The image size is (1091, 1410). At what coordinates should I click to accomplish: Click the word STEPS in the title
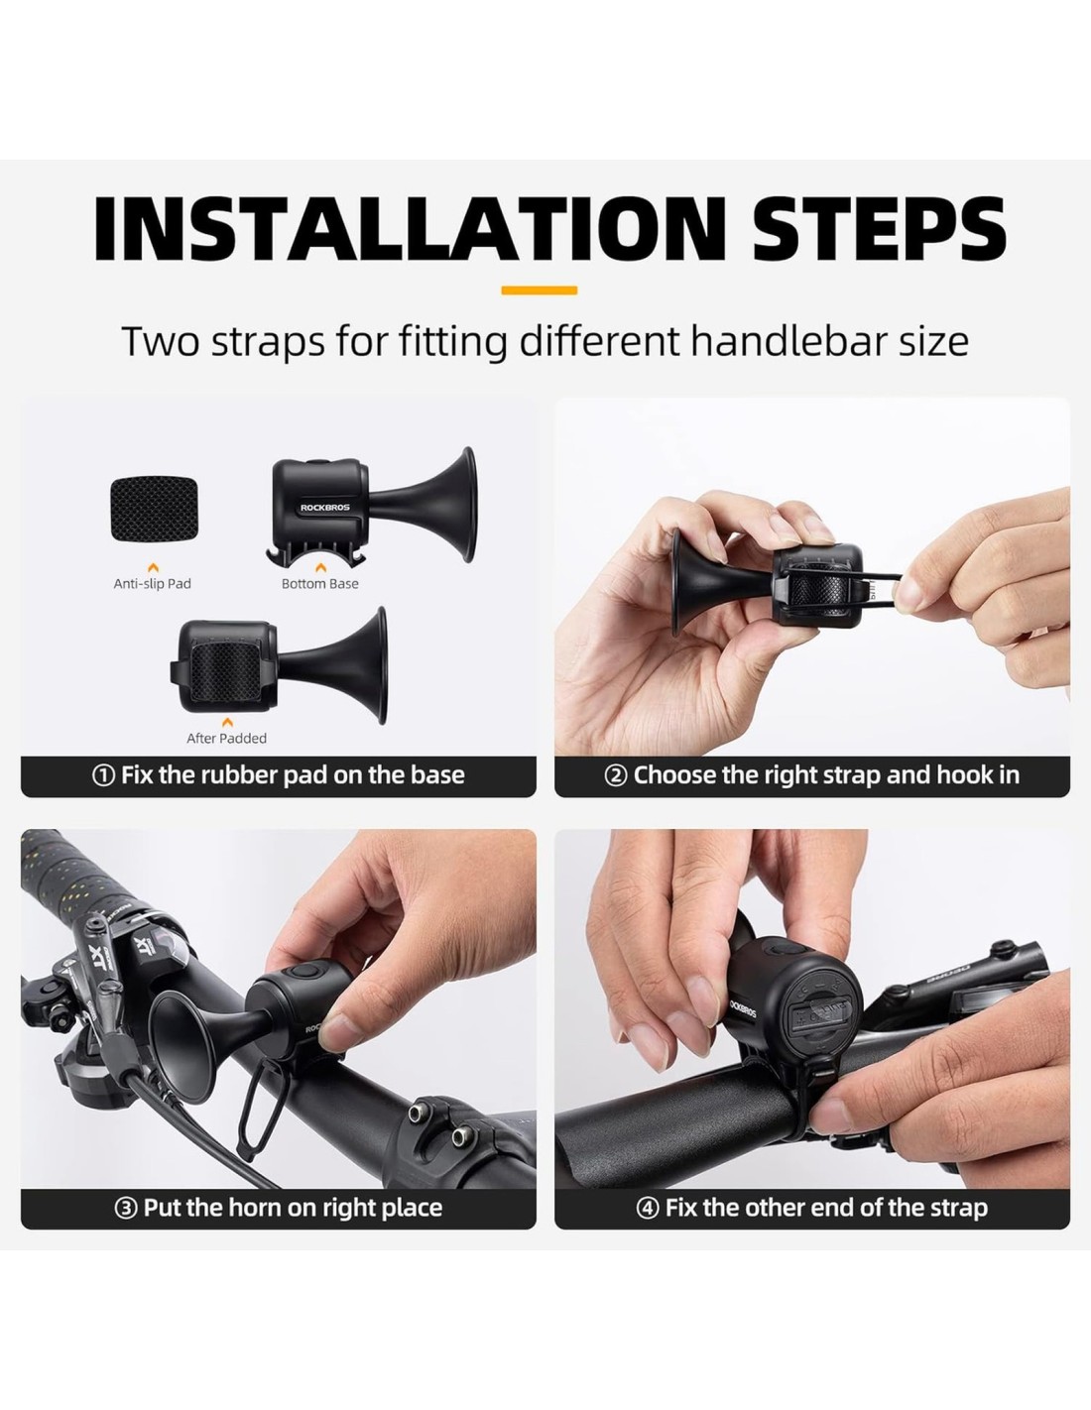[880, 228]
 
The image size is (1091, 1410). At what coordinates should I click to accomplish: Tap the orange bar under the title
[539, 291]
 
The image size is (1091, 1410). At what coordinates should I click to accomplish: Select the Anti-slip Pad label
[153, 583]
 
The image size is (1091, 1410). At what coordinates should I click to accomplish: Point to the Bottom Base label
[320, 583]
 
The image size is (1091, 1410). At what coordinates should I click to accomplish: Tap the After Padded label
[226, 738]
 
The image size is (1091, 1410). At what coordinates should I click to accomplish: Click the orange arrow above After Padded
[226, 722]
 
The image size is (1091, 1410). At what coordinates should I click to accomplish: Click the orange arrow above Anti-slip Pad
[153, 568]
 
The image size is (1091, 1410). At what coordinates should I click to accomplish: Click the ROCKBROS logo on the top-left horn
[324, 508]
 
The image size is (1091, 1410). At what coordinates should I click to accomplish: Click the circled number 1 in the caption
[103, 775]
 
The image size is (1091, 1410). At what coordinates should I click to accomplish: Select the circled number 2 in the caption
[616, 775]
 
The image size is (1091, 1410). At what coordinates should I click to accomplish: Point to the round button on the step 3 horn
[303, 973]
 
